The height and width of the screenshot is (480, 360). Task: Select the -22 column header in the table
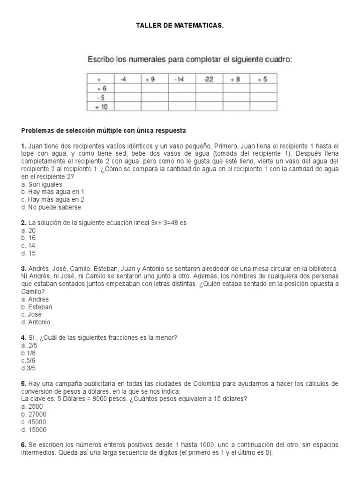pos(209,79)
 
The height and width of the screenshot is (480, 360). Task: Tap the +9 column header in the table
pos(150,79)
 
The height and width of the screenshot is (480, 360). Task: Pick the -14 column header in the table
pos(179,79)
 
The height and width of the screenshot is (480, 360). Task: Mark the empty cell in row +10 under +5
pos(262,106)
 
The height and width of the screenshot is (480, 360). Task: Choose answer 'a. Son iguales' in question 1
pos(42,184)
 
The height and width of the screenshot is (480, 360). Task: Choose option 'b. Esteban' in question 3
pos(37,307)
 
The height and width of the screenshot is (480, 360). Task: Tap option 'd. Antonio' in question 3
pos(36,322)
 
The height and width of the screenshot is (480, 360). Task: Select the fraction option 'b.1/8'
pos(29,353)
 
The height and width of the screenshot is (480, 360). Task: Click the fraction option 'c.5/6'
pos(29,360)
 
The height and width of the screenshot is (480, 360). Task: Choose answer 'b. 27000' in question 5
pos(34,414)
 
